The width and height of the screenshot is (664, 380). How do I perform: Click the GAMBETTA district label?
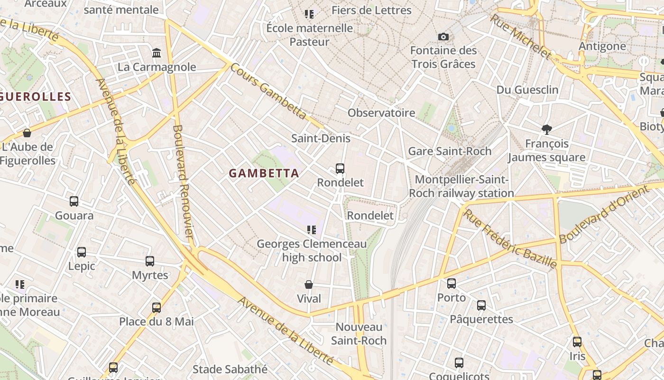(x=264, y=173)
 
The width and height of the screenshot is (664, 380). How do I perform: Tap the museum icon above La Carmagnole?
(x=157, y=52)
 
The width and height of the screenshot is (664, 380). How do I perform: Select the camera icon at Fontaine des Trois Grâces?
(x=443, y=37)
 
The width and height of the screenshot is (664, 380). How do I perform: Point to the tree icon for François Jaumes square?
(x=547, y=129)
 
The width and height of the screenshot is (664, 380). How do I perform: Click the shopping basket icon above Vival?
(x=309, y=285)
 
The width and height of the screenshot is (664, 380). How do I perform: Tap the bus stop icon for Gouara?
(x=74, y=201)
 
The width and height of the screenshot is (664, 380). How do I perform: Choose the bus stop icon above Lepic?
(x=82, y=252)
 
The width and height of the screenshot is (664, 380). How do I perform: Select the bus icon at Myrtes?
(x=150, y=261)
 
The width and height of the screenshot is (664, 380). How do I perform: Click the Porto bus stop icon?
(x=452, y=284)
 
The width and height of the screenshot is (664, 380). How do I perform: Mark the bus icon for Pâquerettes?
(x=481, y=305)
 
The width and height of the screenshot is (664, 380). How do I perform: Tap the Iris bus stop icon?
(x=577, y=342)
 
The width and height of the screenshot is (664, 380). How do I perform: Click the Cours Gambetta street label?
(x=268, y=91)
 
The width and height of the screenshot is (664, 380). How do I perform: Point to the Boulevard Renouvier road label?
(x=183, y=181)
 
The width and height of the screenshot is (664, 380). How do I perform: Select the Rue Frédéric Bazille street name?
(x=510, y=238)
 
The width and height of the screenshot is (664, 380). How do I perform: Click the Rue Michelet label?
(x=521, y=37)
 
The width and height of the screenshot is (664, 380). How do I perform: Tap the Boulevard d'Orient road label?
(x=603, y=215)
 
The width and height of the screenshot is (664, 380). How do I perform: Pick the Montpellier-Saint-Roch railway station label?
(x=461, y=186)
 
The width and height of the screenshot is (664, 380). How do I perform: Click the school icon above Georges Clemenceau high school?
(x=312, y=230)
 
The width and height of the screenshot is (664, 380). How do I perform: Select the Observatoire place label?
(x=381, y=113)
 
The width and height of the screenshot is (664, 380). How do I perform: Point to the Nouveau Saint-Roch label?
(x=359, y=333)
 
